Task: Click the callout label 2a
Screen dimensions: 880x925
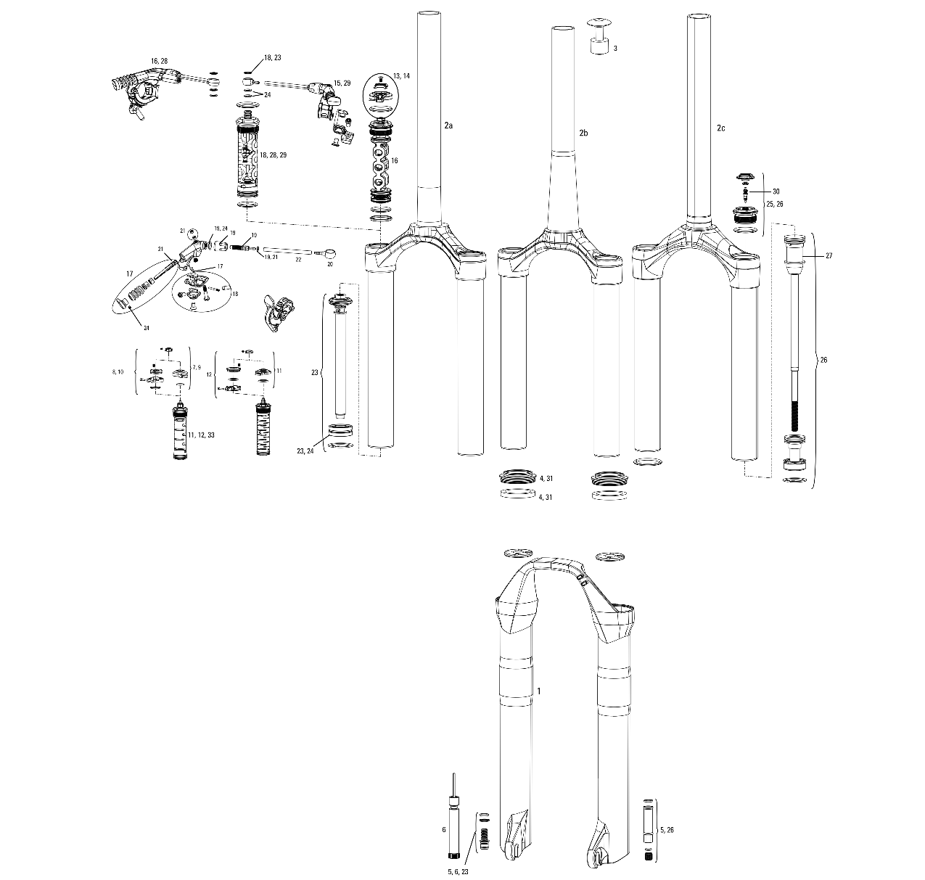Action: (448, 126)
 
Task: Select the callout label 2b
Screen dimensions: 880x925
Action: (583, 133)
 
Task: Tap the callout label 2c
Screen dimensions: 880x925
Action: (720, 128)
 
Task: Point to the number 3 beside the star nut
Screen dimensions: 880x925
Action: (615, 48)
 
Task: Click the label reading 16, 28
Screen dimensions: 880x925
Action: (159, 61)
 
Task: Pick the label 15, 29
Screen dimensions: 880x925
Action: (342, 83)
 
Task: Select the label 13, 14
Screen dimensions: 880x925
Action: (401, 75)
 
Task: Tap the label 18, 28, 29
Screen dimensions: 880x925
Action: (274, 155)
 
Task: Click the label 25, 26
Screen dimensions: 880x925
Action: (775, 204)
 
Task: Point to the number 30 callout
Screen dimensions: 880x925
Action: (776, 192)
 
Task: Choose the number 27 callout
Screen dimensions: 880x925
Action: (829, 256)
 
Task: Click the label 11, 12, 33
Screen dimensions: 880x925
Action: (201, 435)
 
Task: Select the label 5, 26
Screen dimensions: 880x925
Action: (667, 829)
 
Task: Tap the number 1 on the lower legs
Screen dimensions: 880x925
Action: (538, 691)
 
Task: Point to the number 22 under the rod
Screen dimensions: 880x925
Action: (298, 259)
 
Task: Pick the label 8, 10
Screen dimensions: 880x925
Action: (118, 371)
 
